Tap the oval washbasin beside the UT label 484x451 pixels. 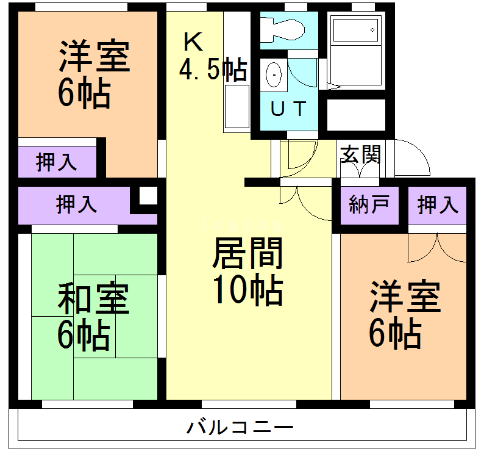click(x=274, y=75)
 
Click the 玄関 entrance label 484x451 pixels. click(x=360, y=154)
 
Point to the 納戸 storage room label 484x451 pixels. click(x=365, y=205)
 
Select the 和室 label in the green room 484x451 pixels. click(x=93, y=300)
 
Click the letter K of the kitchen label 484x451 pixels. click(x=193, y=41)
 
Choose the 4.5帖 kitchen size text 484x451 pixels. click(x=213, y=70)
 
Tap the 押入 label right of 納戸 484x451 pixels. click(x=438, y=205)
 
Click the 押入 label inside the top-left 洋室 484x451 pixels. click(x=56, y=162)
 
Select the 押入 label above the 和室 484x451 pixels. click(x=76, y=204)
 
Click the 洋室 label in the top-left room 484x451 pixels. click(x=94, y=56)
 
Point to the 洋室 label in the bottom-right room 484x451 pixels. click(x=405, y=297)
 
